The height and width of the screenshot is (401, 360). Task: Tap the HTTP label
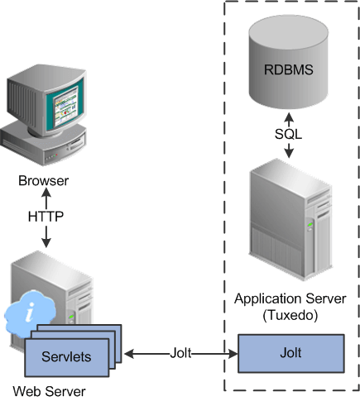(x=46, y=217)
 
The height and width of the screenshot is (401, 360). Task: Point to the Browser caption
(x=46, y=181)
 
